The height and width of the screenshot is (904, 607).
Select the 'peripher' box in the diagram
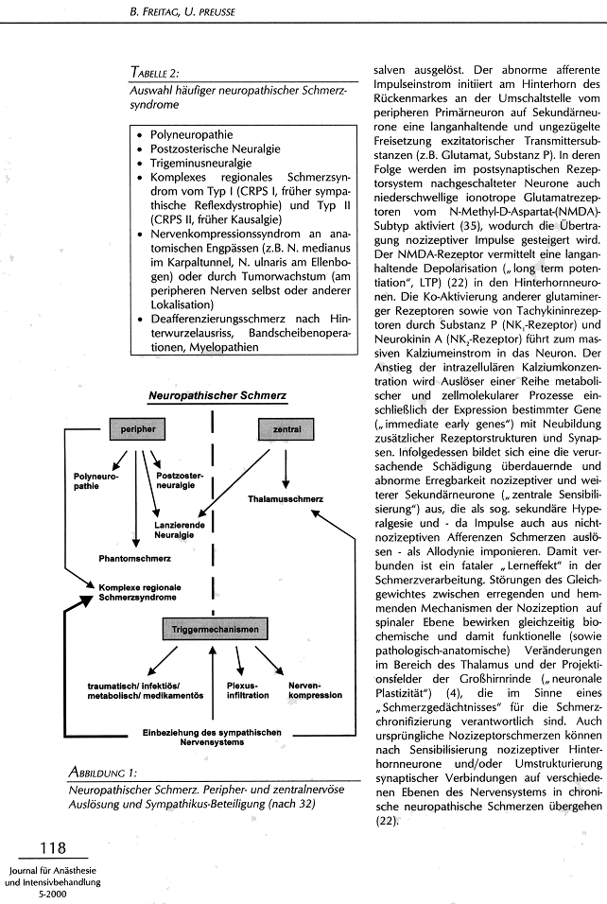pyautogui.click(x=138, y=429)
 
